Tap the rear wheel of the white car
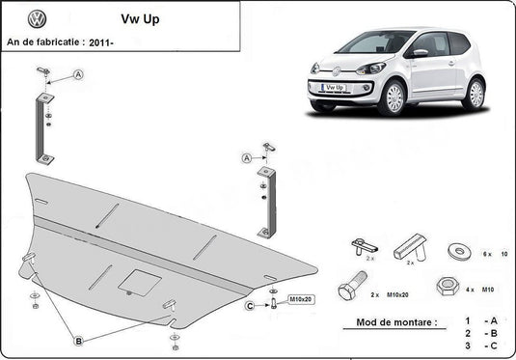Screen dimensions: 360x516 click(474, 93)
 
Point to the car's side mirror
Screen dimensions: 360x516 click(420, 54)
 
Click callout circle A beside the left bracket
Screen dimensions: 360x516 click(77, 74)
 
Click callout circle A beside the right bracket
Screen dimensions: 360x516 click(247, 157)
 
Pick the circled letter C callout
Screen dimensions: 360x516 click(249, 306)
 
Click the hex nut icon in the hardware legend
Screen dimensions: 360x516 click(448, 287)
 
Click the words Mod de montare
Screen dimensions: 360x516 click(383, 321)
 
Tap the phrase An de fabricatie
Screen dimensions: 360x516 click(43, 42)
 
